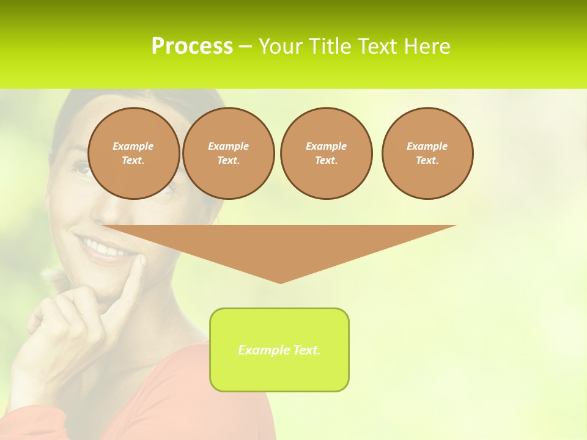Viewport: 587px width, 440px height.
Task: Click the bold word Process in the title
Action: pyautogui.click(x=192, y=46)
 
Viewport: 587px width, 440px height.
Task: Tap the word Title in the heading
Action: pyautogui.click(x=330, y=46)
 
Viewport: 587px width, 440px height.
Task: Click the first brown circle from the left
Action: pyautogui.click(x=134, y=153)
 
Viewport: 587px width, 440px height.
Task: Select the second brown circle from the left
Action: pyautogui.click(x=229, y=153)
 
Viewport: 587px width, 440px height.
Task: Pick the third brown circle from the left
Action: pyautogui.click(x=327, y=153)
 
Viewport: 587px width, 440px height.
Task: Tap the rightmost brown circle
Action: pyautogui.click(x=427, y=153)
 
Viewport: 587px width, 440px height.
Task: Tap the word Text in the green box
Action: pyautogui.click(x=308, y=350)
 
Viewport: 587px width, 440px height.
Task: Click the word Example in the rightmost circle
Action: pyautogui.click(x=427, y=146)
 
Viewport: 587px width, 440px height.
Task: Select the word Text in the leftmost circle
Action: pyautogui.click(x=133, y=161)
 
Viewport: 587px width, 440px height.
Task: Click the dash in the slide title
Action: pyautogui.click(x=245, y=46)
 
